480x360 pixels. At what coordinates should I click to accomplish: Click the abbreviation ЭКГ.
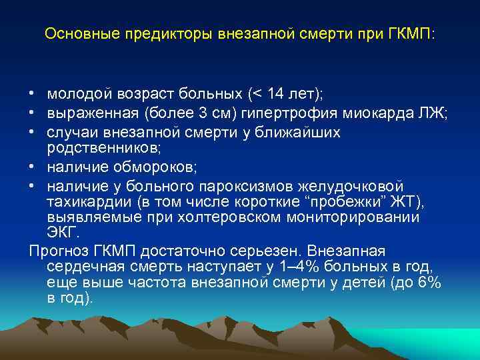pos(63,233)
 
